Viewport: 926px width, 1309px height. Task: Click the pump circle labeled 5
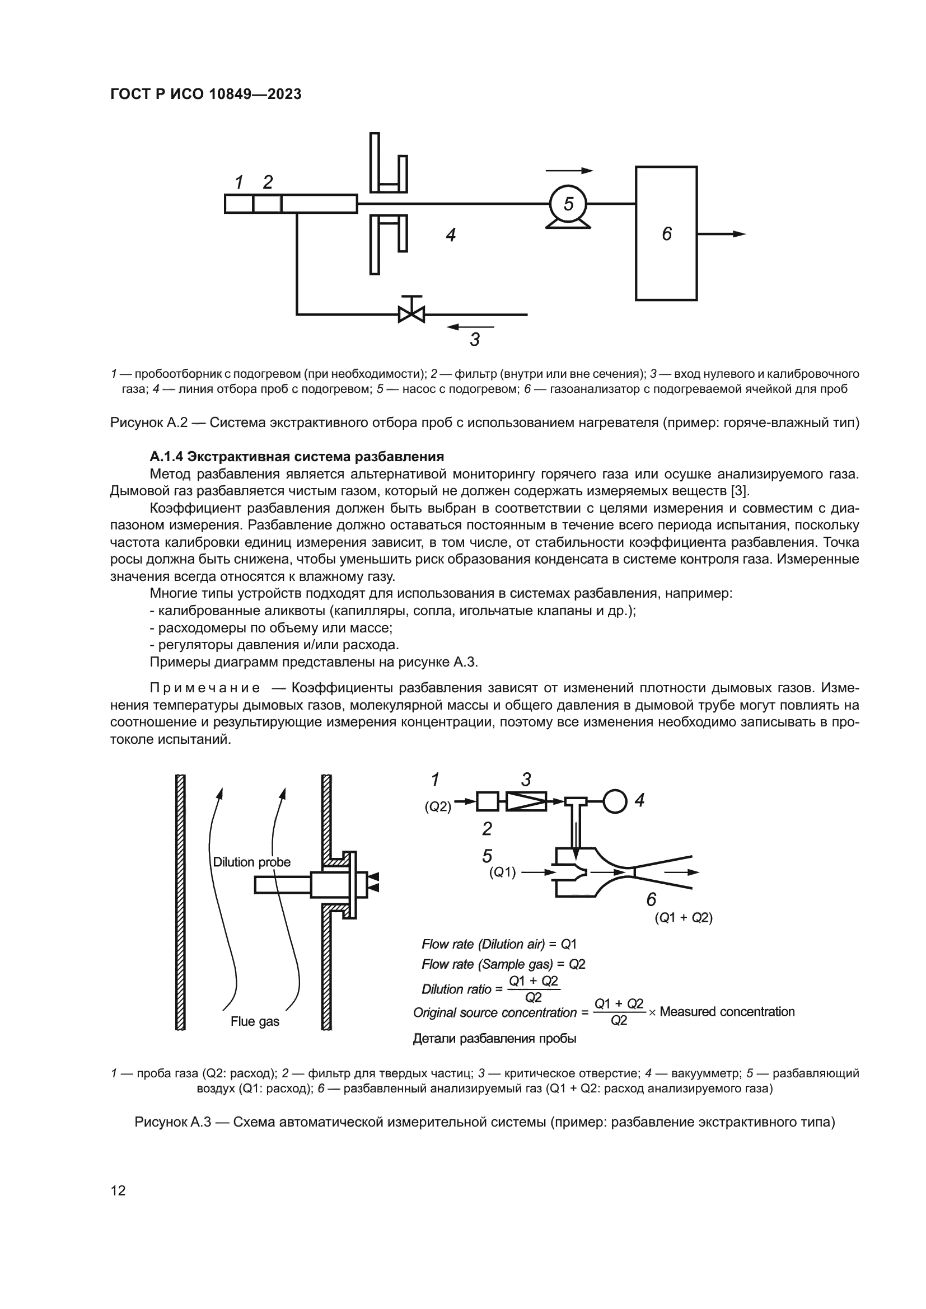click(568, 204)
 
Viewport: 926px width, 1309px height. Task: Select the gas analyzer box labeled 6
click(666, 233)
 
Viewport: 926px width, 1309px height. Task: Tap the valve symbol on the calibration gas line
click(411, 313)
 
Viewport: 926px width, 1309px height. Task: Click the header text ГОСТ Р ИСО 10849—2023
click(206, 95)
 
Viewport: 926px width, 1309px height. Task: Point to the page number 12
click(118, 1190)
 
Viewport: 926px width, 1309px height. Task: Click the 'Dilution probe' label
click(251, 862)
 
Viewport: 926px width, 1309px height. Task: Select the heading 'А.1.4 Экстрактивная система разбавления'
click(297, 457)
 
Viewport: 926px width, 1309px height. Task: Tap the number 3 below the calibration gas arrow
click(475, 340)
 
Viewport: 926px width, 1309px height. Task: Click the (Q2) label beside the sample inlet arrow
click(437, 807)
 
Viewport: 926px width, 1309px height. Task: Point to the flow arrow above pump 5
click(569, 171)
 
